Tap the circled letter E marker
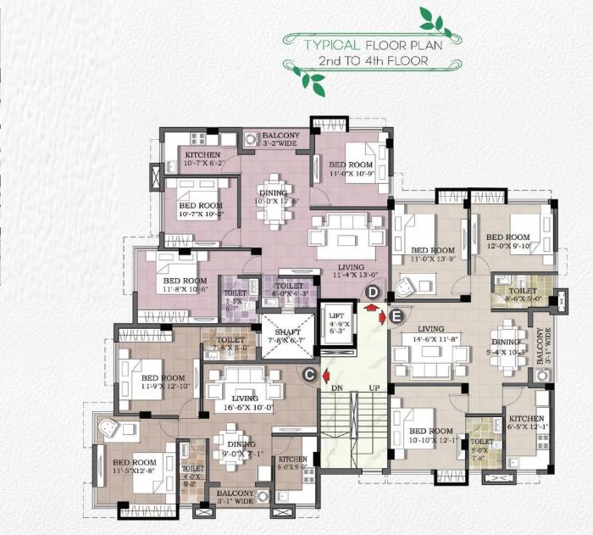(x=394, y=317)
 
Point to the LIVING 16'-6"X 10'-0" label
(x=246, y=403)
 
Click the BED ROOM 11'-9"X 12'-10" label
(x=163, y=382)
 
